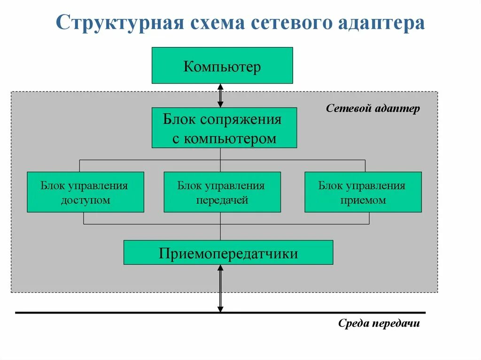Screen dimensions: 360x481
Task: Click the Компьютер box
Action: [x=222, y=66]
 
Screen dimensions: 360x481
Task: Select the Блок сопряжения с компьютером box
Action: [x=224, y=128]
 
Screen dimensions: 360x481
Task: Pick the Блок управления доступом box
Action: [x=85, y=192]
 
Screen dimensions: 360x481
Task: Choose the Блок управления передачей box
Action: [x=222, y=192]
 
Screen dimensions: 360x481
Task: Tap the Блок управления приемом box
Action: [x=363, y=192]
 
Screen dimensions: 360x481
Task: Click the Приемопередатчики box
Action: [x=228, y=253]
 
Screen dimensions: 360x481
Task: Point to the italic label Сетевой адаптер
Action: [x=373, y=109]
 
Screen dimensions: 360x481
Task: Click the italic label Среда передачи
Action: [x=378, y=324]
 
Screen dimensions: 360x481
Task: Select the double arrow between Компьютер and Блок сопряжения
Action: [x=220, y=96]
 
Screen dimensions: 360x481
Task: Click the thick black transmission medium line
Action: [x=117, y=313]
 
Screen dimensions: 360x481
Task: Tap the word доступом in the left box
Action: [x=85, y=200]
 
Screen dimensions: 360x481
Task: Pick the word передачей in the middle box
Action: [x=222, y=200]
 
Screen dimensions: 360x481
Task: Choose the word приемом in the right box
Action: [x=363, y=200]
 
